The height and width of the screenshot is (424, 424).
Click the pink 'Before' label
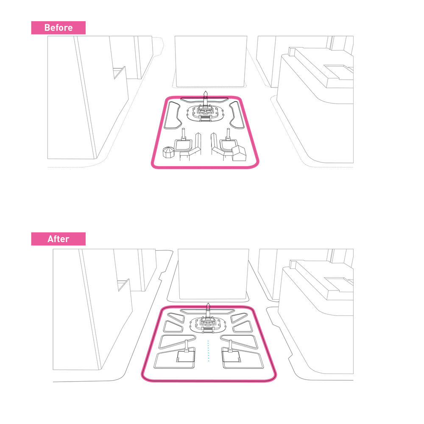tap(59, 28)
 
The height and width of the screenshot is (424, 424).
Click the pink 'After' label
tap(59, 239)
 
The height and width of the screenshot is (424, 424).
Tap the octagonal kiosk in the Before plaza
tap(168, 152)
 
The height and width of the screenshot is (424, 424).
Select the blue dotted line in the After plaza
tap(208, 351)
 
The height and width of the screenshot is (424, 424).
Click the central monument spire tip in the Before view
tap(206, 92)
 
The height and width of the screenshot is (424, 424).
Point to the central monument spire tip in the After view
tap(208, 304)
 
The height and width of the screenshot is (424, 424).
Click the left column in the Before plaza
tap(184, 134)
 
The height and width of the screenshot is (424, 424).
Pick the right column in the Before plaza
tap(228, 134)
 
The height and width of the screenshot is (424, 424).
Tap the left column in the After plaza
tap(186, 346)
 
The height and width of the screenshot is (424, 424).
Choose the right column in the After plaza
tap(230, 346)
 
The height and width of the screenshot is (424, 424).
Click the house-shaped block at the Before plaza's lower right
tap(239, 153)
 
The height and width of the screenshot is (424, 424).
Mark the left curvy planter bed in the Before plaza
tap(172, 115)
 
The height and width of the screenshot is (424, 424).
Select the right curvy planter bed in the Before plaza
tap(238, 115)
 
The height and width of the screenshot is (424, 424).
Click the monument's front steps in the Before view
tap(206, 118)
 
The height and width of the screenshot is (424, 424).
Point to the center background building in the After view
tap(213, 273)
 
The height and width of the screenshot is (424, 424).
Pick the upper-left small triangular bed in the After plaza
tap(176, 318)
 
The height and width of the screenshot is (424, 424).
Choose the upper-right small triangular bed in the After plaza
tap(239, 318)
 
